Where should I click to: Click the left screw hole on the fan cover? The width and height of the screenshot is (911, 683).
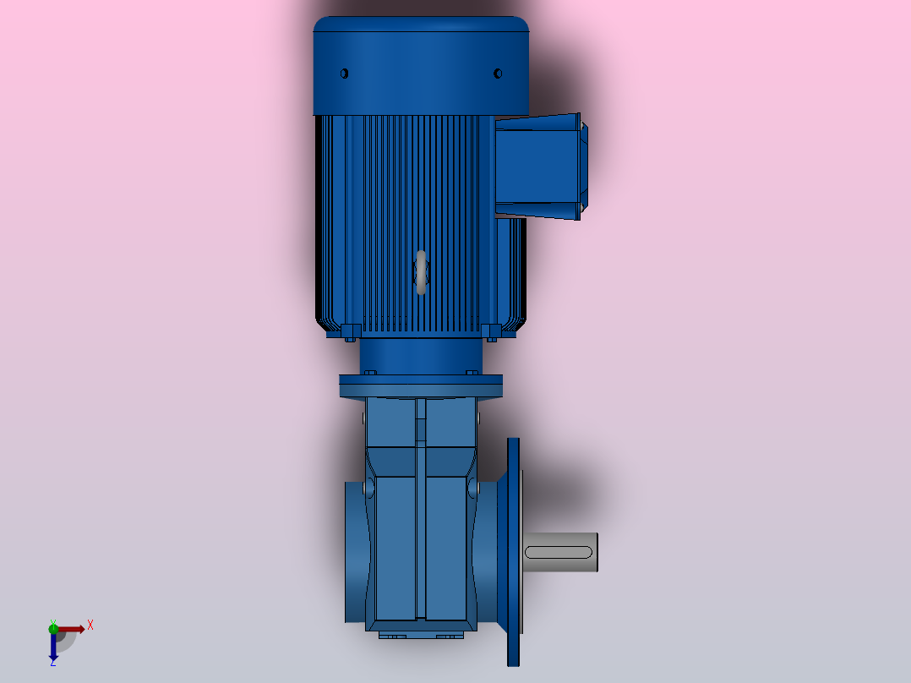click(344, 74)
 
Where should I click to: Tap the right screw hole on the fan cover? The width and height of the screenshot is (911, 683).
click(498, 74)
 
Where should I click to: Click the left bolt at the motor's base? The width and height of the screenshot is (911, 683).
click(349, 331)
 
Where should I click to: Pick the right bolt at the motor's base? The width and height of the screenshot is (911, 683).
click(491, 331)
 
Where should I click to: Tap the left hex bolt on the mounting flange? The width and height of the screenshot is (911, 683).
click(368, 372)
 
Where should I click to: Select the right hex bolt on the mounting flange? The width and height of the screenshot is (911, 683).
click(472, 372)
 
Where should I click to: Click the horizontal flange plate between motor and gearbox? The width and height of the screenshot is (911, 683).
click(421, 386)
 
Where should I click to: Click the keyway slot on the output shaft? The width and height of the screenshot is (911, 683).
click(558, 552)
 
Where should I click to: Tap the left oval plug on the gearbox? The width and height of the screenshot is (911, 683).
click(368, 489)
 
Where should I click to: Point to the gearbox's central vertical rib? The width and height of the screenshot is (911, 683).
click(420, 507)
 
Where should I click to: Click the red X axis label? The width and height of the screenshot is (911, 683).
click(90, 625)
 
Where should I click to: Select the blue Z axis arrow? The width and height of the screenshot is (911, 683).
click(53, 647)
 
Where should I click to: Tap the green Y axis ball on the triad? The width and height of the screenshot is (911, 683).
click(53, 627)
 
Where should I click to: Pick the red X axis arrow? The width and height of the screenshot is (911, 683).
click(73, 629)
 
